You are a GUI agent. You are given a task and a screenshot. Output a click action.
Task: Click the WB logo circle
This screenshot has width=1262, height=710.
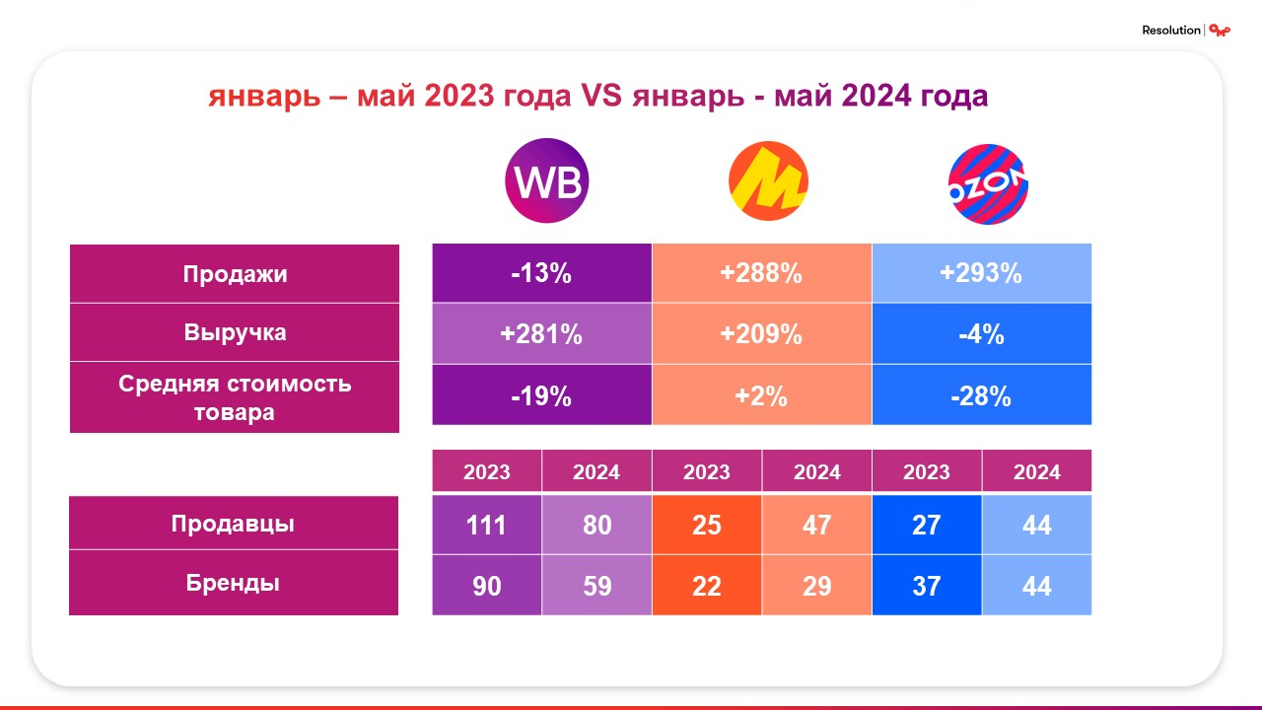coord(546,182)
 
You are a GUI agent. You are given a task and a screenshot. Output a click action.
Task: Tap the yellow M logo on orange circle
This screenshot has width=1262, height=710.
coord(768,182)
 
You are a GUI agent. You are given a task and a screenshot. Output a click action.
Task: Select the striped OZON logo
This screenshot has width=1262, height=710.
coord(988,182)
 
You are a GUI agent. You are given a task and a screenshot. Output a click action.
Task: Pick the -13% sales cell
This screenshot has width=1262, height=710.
coord(541,273)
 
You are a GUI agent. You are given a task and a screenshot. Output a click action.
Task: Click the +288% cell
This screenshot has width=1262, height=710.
coord(761,273)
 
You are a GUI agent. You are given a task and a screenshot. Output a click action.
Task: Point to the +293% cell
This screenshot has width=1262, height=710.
coord(981,273)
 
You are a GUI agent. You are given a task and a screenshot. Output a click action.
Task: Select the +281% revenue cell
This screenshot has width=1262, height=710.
coord(541,334)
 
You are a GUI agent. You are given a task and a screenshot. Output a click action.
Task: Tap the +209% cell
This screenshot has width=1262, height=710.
coord(761,334)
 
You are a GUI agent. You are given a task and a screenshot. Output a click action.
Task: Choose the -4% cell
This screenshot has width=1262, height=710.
coord(981,334)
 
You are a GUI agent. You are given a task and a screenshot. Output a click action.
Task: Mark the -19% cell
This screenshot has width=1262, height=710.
coord(541,395)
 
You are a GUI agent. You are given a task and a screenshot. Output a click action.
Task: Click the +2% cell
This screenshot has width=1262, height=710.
coord(761,395)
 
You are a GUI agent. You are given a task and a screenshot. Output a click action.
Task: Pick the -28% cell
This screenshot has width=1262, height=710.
coord(981,395)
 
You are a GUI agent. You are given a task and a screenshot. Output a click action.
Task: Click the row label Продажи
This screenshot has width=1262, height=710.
coord(235,273)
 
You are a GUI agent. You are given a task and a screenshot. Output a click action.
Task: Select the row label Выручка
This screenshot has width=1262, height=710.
coord(235,332)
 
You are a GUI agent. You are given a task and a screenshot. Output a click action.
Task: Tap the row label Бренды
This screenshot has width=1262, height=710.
coord(234,583)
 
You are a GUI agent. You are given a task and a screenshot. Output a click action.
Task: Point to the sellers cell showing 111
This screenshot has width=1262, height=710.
coord(487,524)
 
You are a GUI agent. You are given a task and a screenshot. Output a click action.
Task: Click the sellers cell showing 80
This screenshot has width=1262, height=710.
coord(596,524)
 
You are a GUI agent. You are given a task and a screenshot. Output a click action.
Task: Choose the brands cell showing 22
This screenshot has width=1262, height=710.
coord(707,586)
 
